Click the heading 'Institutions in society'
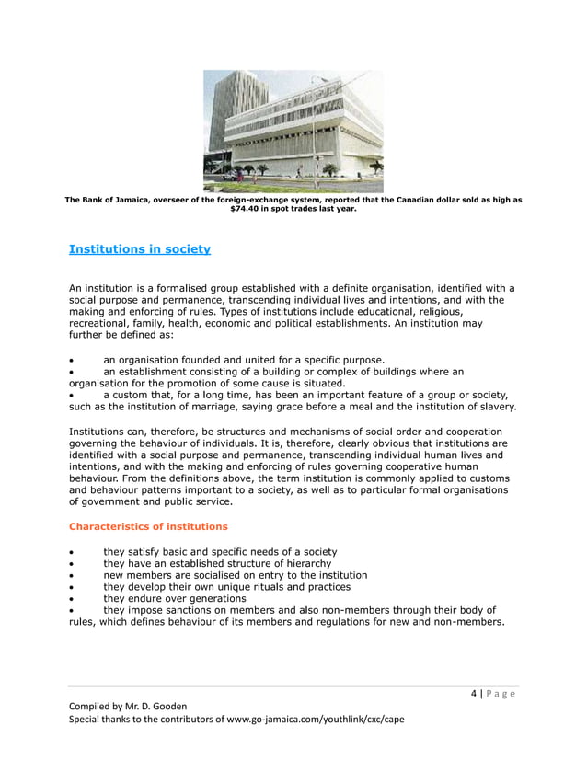coord(140,249)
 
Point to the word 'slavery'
coord(494,406)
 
